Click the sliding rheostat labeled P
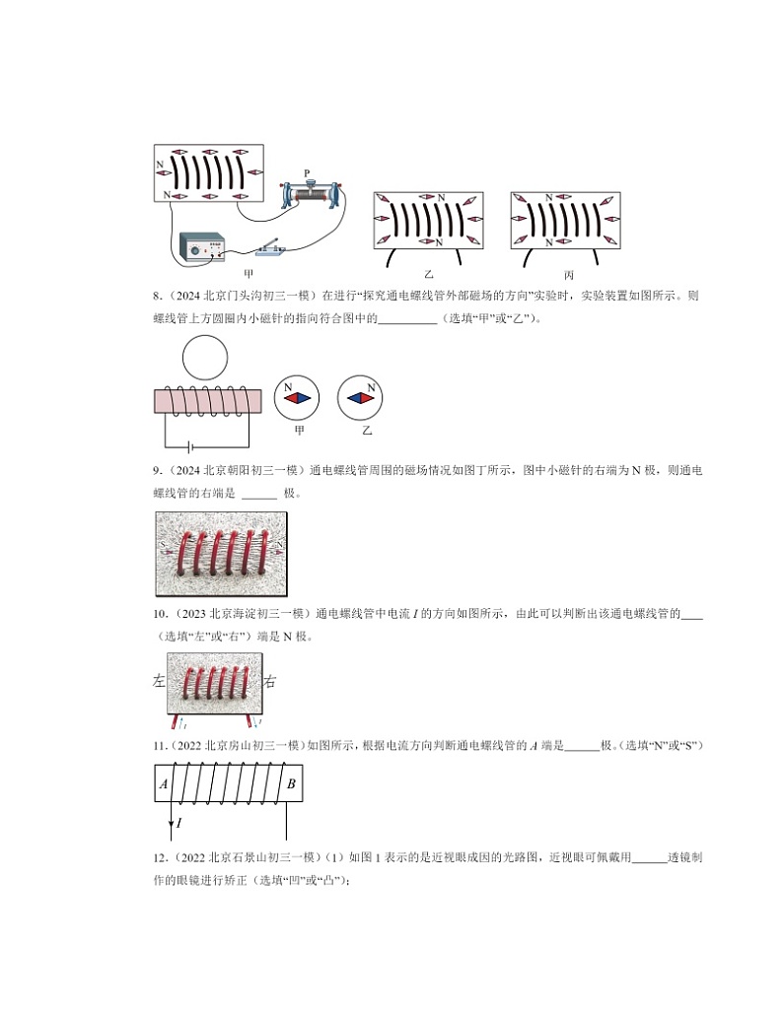click(310, 194)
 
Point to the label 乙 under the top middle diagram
click(428, 274)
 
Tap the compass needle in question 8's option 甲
click(299, 399)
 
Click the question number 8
click(158, 295)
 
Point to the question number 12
click(161, 857)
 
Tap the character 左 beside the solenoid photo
click(159, 680)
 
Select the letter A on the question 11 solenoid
click(164, 784)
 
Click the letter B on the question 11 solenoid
click(290, 784)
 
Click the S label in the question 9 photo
click(162, 544)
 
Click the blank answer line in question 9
click(259, 495)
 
